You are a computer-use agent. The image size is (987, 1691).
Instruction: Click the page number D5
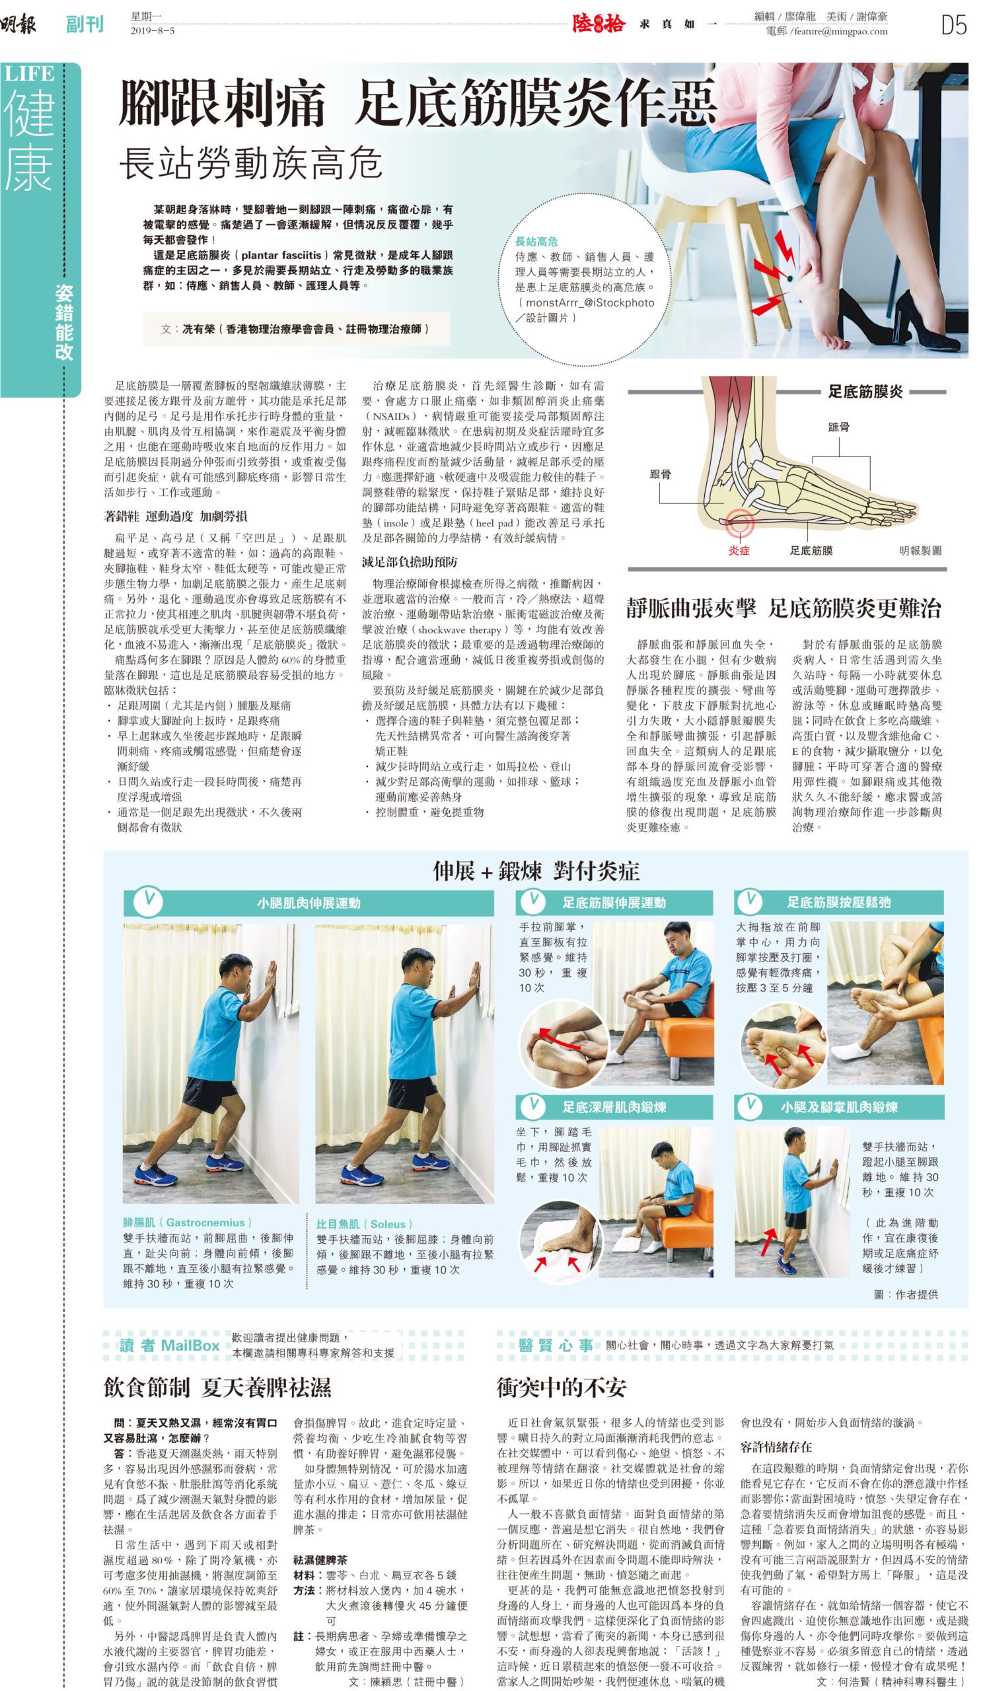pyautogui.click(x=953, y=25)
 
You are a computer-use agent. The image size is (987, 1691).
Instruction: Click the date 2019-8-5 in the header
pyautogui.click(x=153, y=30)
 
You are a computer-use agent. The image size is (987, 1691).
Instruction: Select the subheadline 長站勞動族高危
pyautogui.click(x=251, y=164)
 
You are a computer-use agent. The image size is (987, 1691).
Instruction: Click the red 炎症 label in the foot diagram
pyautogui.click(x=739, y=550)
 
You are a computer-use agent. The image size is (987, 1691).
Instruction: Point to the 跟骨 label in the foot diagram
pyautogui.click(x=660, y=474)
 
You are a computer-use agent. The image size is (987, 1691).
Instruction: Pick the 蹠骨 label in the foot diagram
pyautogui.click(x=839, y=426)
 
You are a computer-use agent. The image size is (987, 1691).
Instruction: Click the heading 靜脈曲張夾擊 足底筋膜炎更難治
pyautogui.click(x=784, y=608)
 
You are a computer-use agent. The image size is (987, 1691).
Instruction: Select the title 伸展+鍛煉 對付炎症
pyautogui.click(x=535, y=871)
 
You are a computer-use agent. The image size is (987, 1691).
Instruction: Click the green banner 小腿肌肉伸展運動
pyautogui.click(x=309, y=902)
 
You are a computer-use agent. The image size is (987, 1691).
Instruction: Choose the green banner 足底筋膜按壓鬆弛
pyautogui.click(x=839, y=902)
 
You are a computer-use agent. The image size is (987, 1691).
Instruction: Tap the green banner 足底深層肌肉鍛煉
pyautogui.click(x=614, y=1106)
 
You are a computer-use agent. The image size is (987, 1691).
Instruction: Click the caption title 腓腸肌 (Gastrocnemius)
pyautogui.click(x=188, y=1222)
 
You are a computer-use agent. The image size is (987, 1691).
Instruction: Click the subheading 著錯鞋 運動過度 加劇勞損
pyautogui.click(x=175, y=516)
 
